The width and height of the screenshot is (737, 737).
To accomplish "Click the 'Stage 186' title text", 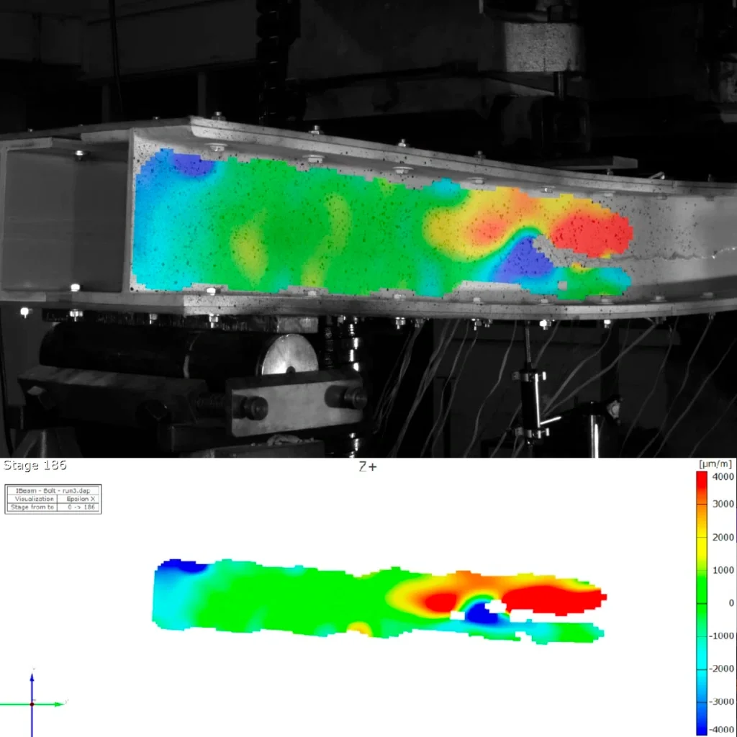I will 35,466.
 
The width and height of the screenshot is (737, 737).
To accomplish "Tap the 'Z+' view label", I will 367,466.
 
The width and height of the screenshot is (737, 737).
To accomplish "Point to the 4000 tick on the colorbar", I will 723,476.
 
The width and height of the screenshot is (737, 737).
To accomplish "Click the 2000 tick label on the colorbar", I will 723,538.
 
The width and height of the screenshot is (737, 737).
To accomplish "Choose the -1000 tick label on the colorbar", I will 721,636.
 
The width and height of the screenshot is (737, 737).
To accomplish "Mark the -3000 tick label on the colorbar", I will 721,702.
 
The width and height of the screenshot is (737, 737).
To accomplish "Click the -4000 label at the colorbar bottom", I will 721,729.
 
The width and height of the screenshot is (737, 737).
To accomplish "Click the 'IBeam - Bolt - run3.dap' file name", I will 53,490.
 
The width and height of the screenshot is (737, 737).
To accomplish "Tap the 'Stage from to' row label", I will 31,507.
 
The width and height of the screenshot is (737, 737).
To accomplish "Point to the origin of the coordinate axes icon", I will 32,703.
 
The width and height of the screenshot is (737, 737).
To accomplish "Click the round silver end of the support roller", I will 289,356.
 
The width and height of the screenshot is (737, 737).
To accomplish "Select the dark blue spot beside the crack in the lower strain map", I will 476,614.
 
